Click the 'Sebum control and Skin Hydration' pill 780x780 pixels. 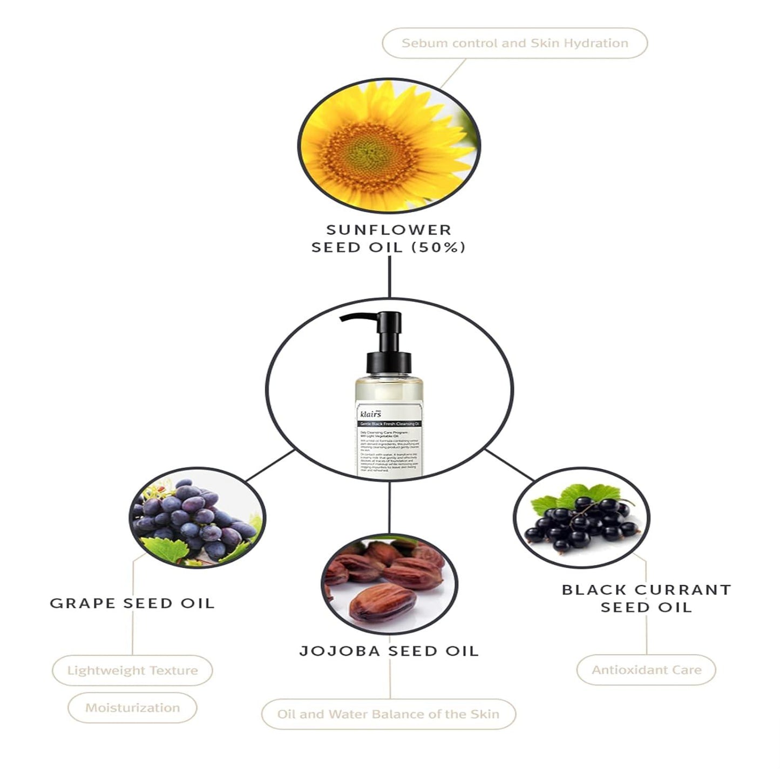pyautogui.click(x=514, y=43)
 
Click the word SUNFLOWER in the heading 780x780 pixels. pyautogui.click(x=389, y=229)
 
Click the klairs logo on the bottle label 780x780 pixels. pyautogui.click(x=370, y=414)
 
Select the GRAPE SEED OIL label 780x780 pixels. pyautogui.click(x=132, y=603)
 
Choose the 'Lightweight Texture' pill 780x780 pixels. pyautogui.click(x=132, y=670)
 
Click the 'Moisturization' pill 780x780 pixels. pyautogui.click(x=132, y=708)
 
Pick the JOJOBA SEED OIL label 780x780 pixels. pyautogui.click(x=389, y=651)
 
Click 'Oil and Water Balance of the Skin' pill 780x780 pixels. pyautogui.click(x=389, y=714)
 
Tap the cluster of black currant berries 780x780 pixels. pyautogui.click(x=580, y=524)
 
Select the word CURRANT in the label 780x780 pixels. pyautogui.click(x=683, y=589)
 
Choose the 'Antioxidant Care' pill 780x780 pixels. pyautogui.click(x=646, y=670)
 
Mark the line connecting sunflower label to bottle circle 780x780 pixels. pyautogui.click(x=389, y=276)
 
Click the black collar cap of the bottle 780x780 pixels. pyautogui.click(x=389, y=362)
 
